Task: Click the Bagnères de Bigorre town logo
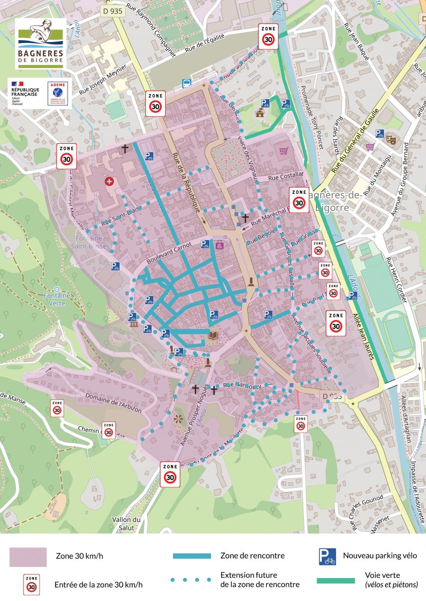[41, 44]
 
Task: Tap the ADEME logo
[58, 93]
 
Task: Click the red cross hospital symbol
[109, 181]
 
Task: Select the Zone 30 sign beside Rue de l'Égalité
[269, 36]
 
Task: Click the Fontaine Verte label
[57, 299]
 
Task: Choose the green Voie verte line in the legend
[335, 581]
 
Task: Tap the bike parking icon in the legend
[327, 556]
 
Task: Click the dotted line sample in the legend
[190, 580]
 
